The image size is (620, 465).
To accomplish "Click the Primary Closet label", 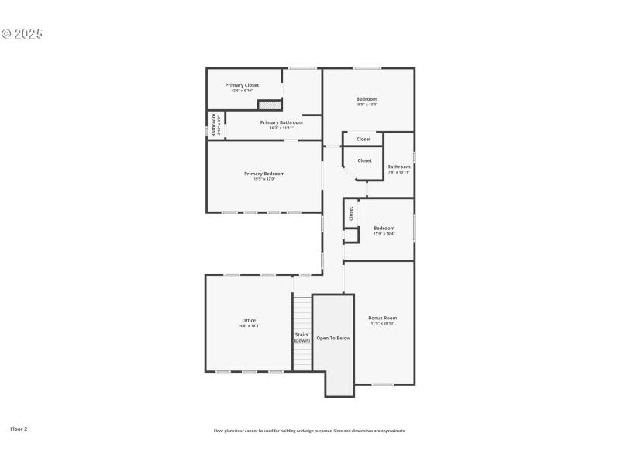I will point(242,85).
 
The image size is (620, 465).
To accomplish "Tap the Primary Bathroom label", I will point(281,122).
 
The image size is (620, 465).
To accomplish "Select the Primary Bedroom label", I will point(264,174).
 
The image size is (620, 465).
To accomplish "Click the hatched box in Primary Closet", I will point(268,104).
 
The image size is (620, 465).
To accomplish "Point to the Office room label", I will point(249,320).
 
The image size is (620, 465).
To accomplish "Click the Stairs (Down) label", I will point(302,338).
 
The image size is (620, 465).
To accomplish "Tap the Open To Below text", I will point(333,338).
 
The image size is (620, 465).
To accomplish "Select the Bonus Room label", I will point(382,318).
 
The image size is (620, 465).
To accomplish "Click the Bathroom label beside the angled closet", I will point(399,167).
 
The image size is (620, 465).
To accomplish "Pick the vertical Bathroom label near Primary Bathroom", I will point(214,126).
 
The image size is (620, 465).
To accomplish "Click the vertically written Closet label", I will point(351,213).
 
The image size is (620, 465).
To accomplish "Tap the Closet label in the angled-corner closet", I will point(364,160).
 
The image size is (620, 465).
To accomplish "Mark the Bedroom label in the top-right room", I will point(367,98).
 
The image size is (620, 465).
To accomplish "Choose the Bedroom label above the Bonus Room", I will point(384,228).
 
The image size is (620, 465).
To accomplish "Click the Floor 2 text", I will point(19,429).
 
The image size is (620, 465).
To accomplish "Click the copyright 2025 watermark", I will point(22,34).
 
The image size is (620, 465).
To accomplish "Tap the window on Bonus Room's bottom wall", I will point(383,384).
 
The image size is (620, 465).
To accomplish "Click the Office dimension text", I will point(249,326).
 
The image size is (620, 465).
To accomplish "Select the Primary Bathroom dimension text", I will point(281,128).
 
